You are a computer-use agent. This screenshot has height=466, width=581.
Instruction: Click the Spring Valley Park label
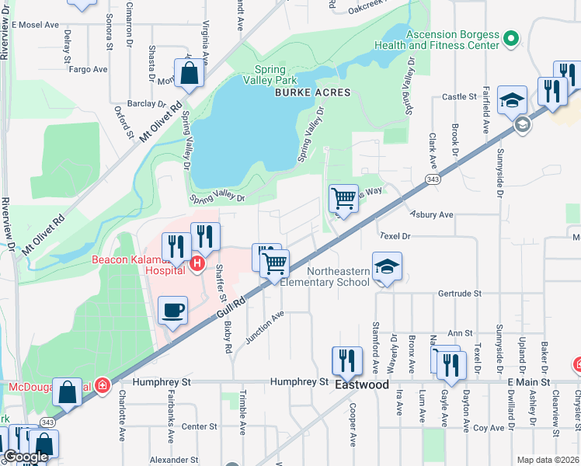point(270,75)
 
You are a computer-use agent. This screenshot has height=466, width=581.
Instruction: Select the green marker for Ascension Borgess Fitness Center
point(510,37)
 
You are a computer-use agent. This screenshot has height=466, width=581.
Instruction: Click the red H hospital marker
point(197,265)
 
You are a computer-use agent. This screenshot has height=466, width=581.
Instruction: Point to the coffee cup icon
point(173,310)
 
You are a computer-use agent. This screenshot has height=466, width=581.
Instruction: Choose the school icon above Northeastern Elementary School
point(387,266)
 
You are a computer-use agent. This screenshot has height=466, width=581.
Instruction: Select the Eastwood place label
point(361,384)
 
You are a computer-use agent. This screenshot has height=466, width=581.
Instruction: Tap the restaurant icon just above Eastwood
point(346,360)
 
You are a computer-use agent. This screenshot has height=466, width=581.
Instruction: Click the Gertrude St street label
point(461,294)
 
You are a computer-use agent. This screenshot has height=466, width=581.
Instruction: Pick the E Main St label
point(527,382)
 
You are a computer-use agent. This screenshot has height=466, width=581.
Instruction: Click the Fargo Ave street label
point(88,69)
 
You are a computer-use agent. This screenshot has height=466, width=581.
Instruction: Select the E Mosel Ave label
point(35,25)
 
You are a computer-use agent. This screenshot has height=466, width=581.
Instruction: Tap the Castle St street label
point(458,97)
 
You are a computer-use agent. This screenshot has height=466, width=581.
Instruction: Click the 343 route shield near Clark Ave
point(433,179)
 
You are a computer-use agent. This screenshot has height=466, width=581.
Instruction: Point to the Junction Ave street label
point(266,327)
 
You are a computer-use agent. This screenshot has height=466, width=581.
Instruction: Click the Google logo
point(26,457)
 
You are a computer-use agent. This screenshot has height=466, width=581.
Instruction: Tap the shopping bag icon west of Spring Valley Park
point(189,74)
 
